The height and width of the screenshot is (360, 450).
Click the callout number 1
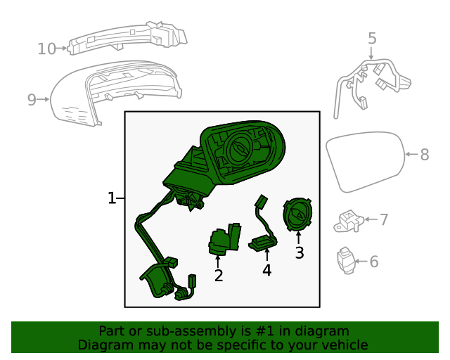coord(111,199)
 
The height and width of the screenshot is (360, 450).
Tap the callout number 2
coord(219,276)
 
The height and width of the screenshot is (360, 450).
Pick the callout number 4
coord(266,270)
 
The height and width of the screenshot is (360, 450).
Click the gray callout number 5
coord(372,39)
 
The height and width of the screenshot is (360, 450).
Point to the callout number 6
coord(374,262)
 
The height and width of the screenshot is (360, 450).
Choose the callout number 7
coord(384,219)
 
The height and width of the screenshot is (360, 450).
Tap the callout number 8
coord(424,155)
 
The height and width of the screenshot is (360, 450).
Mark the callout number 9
coord(32,100)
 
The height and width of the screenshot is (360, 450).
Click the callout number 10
coord(46,49)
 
